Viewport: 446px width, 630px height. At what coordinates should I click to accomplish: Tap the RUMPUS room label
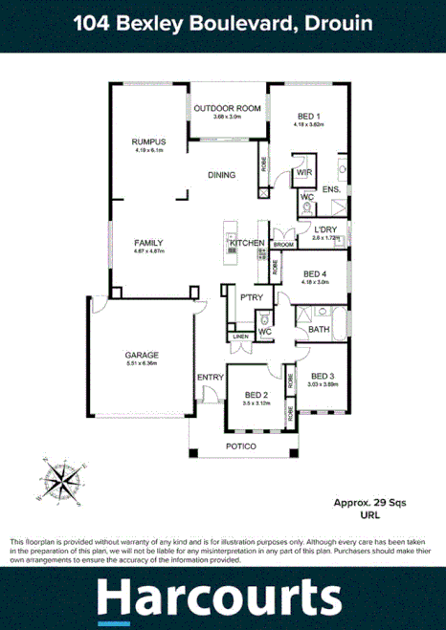coord(149,141)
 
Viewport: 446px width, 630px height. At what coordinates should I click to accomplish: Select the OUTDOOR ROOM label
coord(227,108)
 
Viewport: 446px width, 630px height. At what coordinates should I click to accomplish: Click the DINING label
coord(222,175)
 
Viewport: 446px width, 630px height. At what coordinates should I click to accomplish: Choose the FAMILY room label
coord(149,243)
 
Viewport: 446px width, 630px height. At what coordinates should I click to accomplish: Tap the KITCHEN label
coord(246,244)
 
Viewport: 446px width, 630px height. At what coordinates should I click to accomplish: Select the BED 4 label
coord(315,272)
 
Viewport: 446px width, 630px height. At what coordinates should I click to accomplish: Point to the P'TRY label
coord(252,298)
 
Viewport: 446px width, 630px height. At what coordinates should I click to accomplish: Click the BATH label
coord(319,330)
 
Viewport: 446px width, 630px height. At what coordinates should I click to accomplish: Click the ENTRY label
coord(210,377)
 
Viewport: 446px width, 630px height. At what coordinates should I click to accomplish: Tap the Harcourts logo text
coord(219,598)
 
